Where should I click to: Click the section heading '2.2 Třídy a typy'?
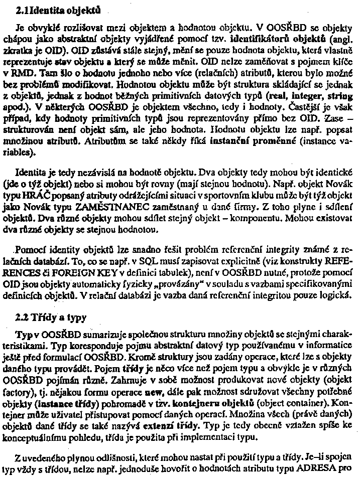44,317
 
